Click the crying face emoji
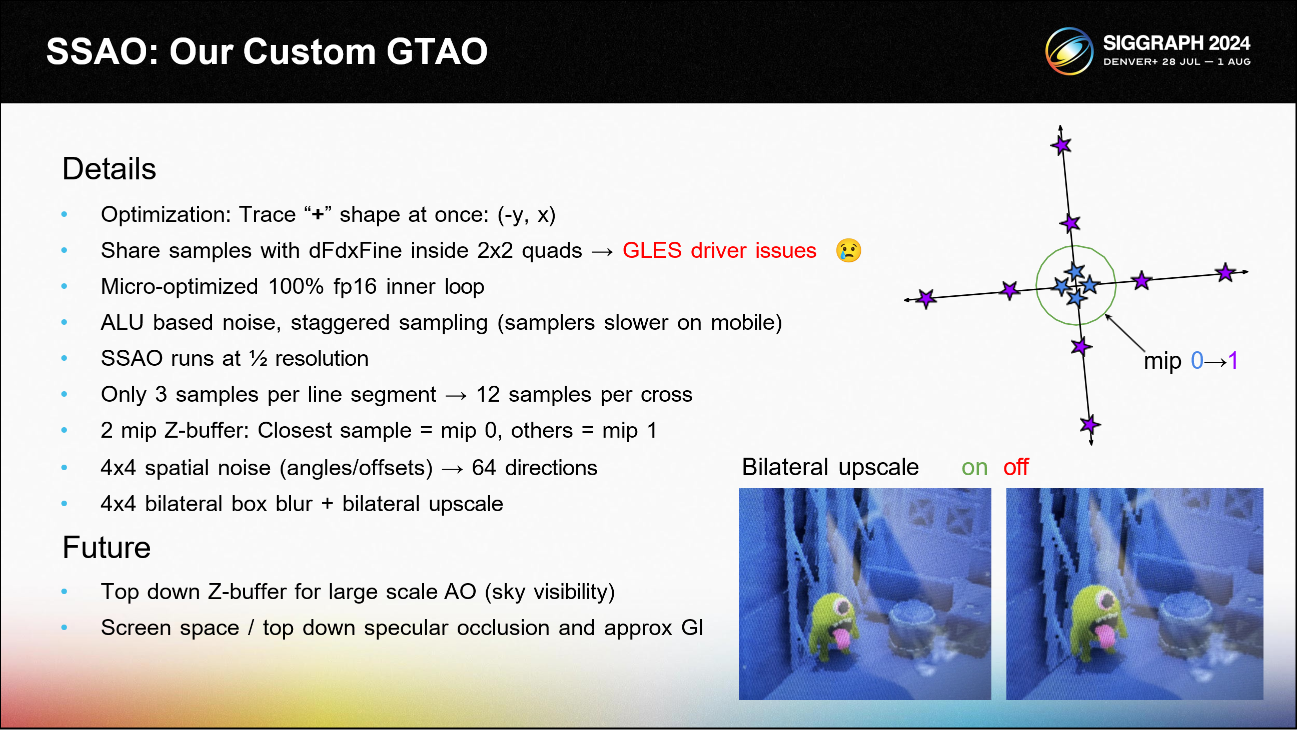[848, 250]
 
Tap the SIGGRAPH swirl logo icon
[1069, 51]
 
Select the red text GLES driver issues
[719, 250]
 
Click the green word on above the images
[974, 467]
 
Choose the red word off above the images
[1015, 467]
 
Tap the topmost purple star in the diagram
[1061, 145]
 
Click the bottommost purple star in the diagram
[1089, 425]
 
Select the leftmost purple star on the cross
[926, 298]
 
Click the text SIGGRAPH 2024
[1176, 43]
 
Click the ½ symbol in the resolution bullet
[258, 358]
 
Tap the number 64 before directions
[484, 468]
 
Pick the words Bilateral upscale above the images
[830, 467]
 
